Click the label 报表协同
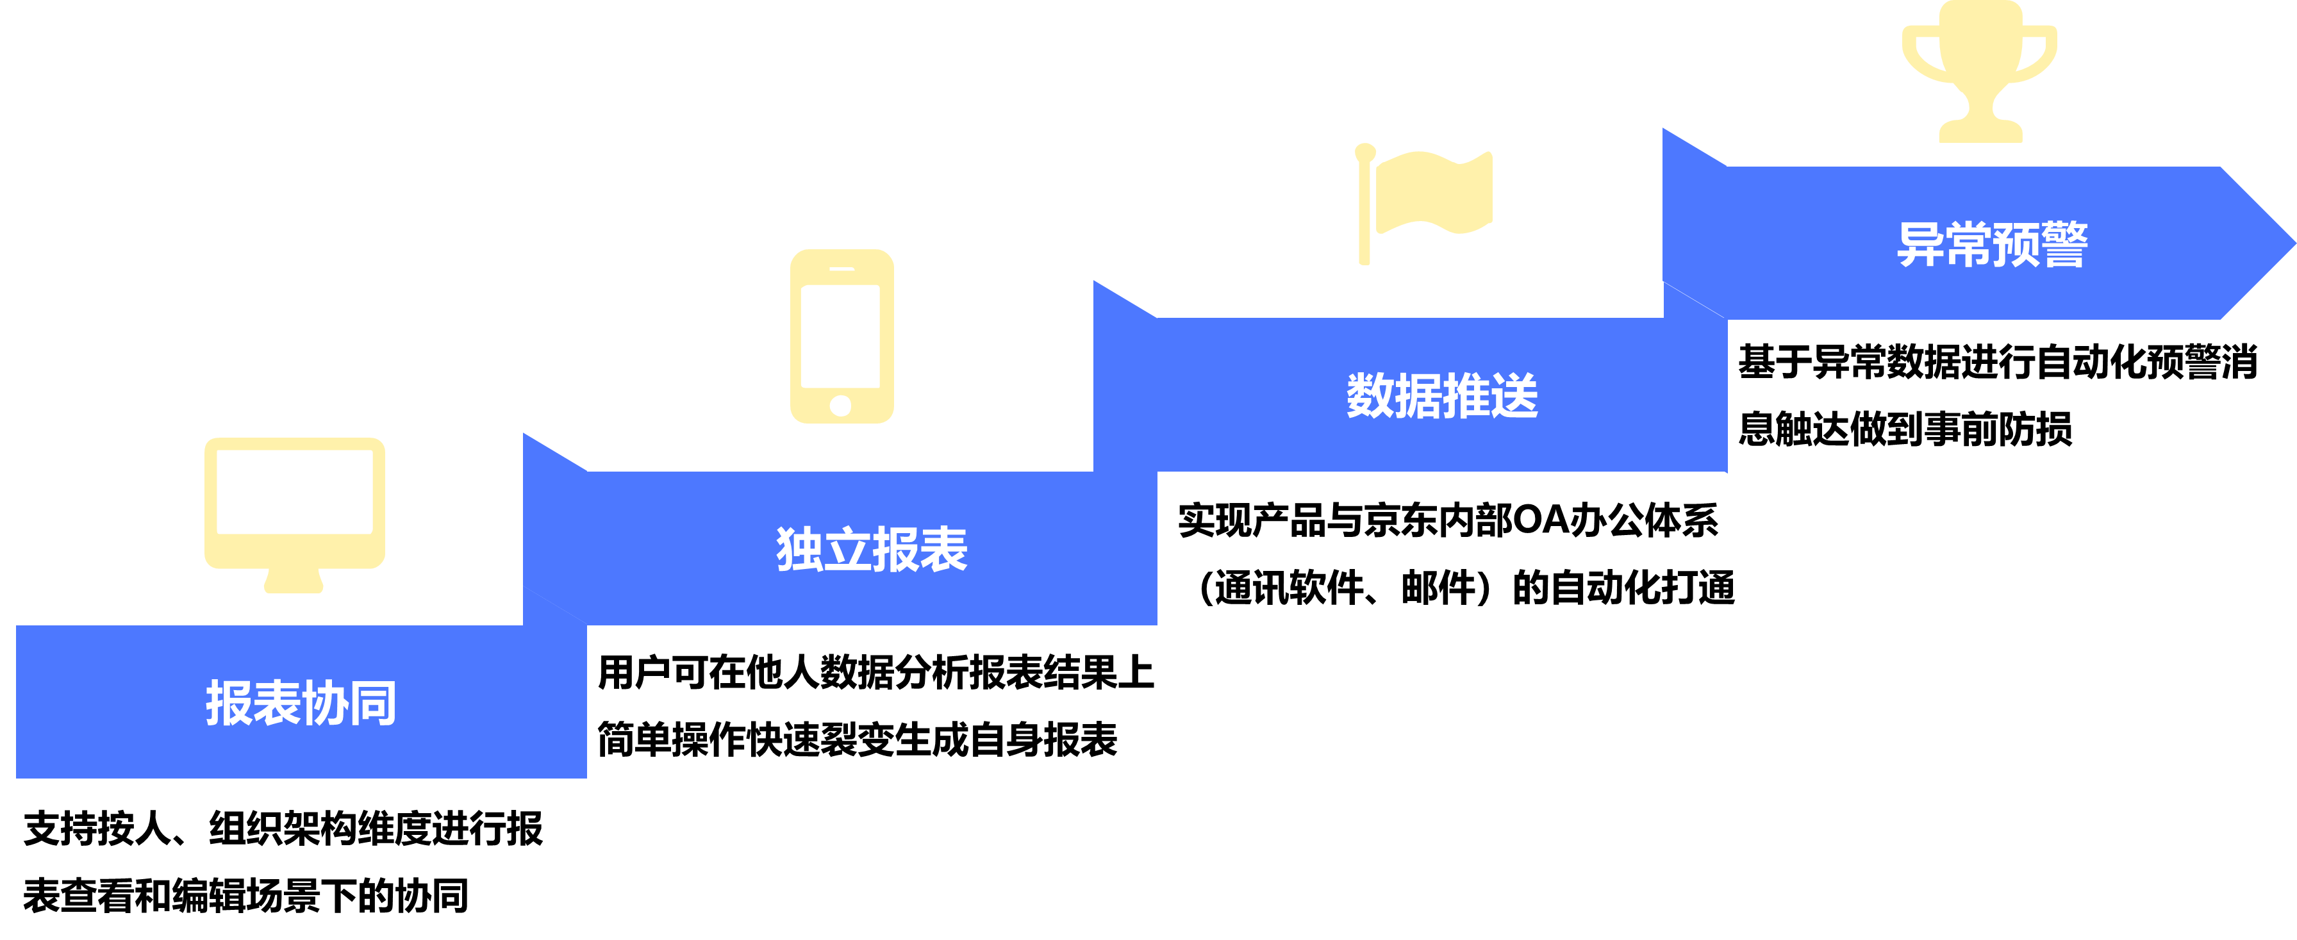click(x=301, y=703)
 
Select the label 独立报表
click(x=871, y=549)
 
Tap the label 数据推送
click(x=1442, y=396)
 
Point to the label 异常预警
click(x=1992, y=243)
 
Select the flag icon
click(x=1424, y=201)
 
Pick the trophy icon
click(x=1980, y=71)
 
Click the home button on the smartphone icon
click(x=840, y=406)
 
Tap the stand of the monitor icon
click(x=294, y=581)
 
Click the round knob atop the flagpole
click(x=1364, y=153)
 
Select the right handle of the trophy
click(x=2040, y=54)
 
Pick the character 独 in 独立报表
click(x=799, y=549)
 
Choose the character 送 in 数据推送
click(x=1514, y=396)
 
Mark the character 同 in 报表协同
click(x=373, y=703)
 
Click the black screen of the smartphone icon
click(x=840, y=335)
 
